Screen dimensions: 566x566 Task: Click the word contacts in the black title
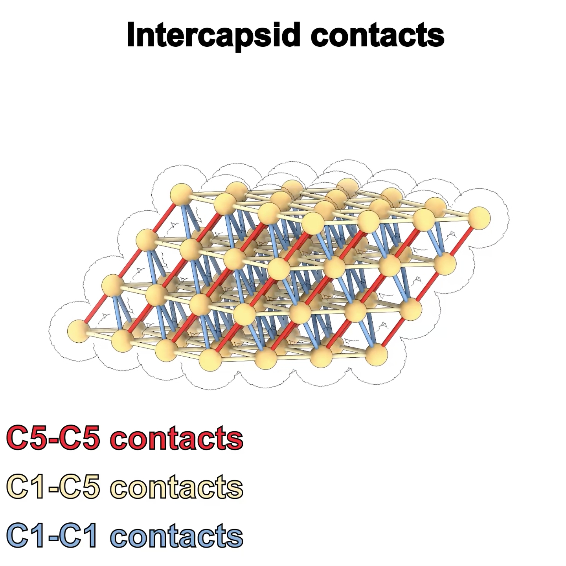(x=377, y=35)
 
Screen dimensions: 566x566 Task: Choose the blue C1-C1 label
(x=53, y=535)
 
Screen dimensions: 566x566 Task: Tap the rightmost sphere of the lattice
(x=480, y=217)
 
